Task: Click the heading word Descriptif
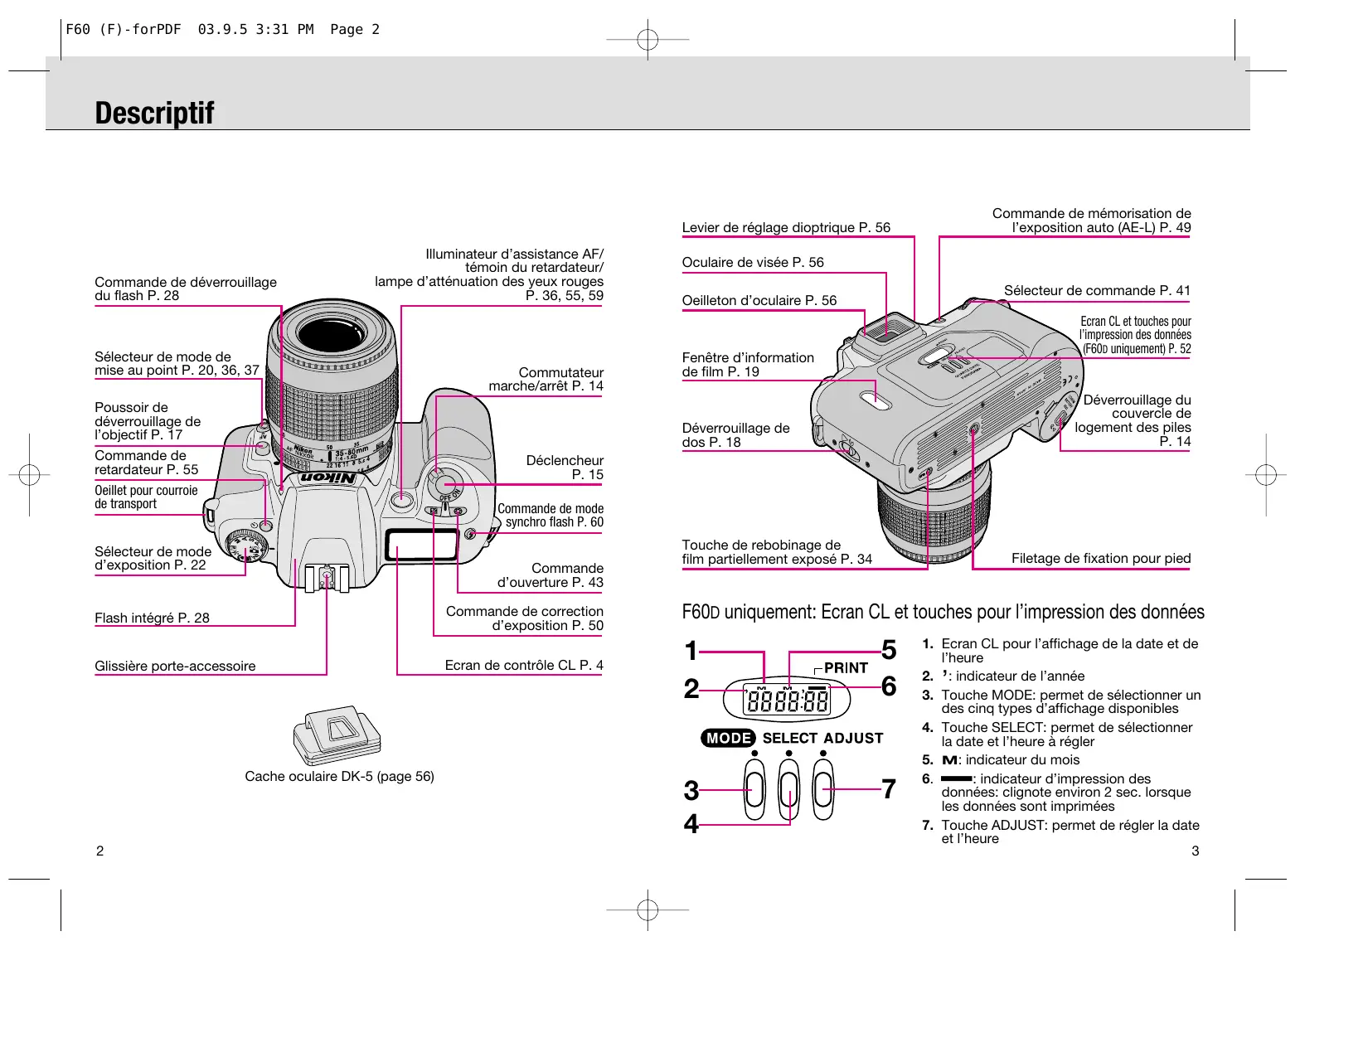pos(154,113)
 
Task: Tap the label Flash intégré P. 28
pos(152,618)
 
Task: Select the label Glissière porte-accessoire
pos(175,666)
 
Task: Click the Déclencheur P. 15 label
pos(564,467)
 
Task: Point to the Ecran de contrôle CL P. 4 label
pos(524,665)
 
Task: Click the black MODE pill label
pos(728,738)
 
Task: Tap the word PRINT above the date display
pos(846,668)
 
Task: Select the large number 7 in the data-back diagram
pos(888,789)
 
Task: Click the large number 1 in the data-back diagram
pos(691,650)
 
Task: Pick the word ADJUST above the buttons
pos(853,738)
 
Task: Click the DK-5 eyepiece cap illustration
pos(337,735)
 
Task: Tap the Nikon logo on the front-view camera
pos(327,478)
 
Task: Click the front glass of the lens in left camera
pos(331,332)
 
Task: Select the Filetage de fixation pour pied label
pos(1100,558)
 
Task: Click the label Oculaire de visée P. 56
pos(752,262)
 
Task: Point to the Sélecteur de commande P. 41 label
pos(1097,290)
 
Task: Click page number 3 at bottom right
pos(1195,851)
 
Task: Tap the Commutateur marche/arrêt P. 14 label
pos(546,379)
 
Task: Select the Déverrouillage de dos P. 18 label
pos(735,434)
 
